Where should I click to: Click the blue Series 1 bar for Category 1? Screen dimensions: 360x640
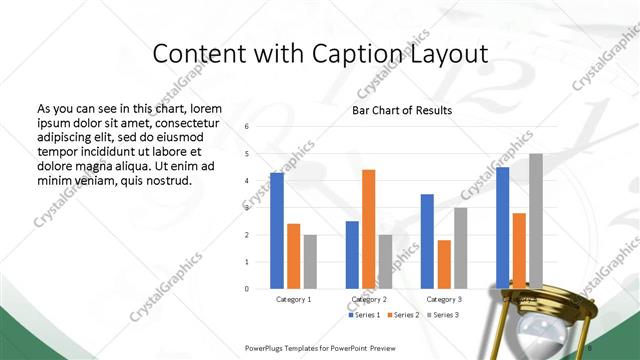pos(277,231)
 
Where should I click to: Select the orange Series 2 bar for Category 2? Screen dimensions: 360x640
pos(368,229)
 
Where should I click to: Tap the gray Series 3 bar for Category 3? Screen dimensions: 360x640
pos(461,248)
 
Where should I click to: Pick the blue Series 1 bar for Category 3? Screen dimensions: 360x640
pos(427,241)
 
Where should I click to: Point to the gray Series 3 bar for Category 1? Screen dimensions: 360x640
pos(311,261)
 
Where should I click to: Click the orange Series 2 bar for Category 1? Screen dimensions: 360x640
pos(294,256)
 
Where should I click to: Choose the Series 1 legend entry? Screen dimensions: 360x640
pos(365,315)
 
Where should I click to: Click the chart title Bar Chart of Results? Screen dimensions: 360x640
pos(401,110)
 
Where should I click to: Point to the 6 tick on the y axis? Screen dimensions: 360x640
pos(247,127)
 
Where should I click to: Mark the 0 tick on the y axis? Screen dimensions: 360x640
pos(247,288)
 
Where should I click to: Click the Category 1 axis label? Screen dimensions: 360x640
pos(294,299)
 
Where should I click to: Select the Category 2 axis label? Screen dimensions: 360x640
pos(369,299)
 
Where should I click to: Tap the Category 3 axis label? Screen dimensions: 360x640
pos(444,299)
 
